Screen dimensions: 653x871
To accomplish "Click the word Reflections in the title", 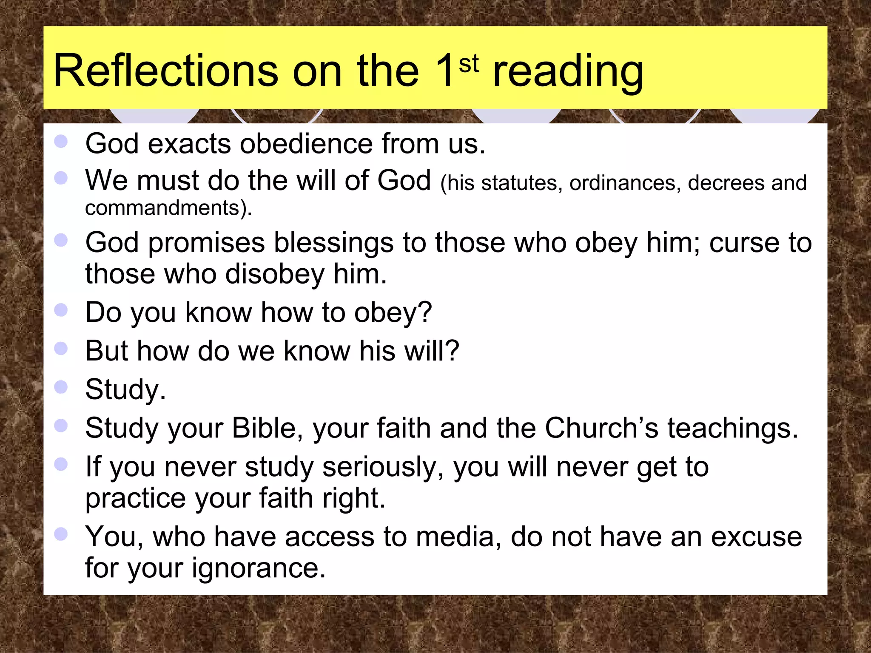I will click(x=166, y=71).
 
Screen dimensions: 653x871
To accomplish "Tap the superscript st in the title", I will click(x=469, y=64).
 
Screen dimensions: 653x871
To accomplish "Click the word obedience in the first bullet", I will click(x=307, y=144).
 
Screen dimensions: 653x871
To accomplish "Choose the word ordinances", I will click(x=623, y=183).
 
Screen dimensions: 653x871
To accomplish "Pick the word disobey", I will click(x=275, y=274).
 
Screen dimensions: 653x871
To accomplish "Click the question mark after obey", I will click(x=424, y=312).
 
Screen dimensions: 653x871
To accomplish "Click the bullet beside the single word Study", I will click(x=61, y=387).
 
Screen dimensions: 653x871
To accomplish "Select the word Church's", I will click(x=601, y=428).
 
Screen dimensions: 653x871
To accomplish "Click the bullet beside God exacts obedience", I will click(x=61, y=142).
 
